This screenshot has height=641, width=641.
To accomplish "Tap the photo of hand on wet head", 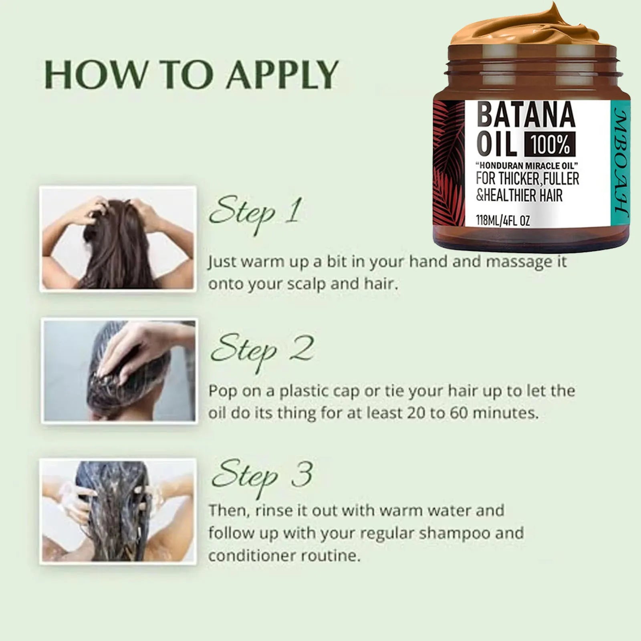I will point(119,370).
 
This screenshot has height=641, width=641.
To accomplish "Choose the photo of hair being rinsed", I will point(118,512).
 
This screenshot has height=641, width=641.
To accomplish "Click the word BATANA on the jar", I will point(526,115).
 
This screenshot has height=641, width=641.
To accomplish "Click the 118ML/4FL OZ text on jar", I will point(503,220).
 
